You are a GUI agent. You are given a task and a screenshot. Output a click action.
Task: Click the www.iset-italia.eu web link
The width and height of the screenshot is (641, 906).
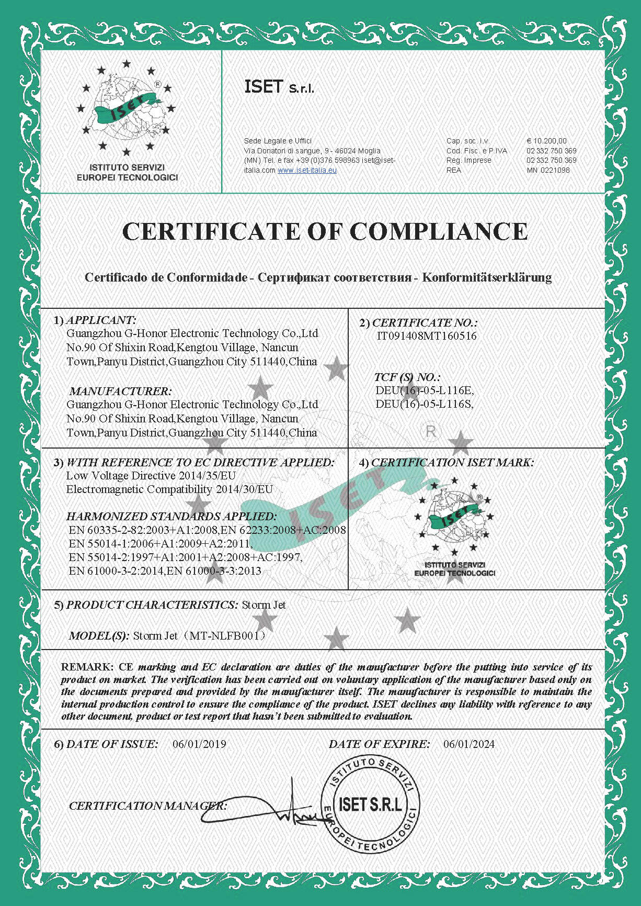[307, 170]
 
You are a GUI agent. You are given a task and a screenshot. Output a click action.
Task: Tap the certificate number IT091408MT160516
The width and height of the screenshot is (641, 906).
[427, 336]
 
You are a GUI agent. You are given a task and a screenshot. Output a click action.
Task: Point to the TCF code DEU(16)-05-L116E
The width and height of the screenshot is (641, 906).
[425, 390]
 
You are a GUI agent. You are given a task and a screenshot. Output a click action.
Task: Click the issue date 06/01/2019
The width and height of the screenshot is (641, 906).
[199, 744]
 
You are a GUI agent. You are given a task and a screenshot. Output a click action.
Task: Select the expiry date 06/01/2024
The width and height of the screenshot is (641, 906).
[468, 744]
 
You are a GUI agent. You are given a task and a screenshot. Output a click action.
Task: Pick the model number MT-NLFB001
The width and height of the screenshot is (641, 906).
[227, 636]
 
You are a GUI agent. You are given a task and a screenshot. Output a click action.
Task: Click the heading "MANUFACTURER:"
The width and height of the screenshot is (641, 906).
[120, 391]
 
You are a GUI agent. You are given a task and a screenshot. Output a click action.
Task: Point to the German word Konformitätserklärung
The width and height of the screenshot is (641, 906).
[487, 277]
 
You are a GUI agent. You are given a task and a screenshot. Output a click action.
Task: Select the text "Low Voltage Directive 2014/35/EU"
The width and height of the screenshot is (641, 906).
[151, 476]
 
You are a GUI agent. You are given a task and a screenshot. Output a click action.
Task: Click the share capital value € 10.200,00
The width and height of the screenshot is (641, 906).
[546, 141]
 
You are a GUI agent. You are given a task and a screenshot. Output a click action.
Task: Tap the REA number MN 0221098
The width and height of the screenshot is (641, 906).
[548, 170]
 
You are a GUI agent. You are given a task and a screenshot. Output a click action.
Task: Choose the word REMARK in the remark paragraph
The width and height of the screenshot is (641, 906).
[86, 667]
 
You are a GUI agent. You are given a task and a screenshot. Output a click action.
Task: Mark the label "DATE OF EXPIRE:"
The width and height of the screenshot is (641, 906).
[379, 744]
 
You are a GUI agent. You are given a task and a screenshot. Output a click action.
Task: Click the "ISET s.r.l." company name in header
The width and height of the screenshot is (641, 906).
[279, 87]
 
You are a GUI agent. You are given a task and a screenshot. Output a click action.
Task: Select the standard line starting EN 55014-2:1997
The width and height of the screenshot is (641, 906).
[185, 557]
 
